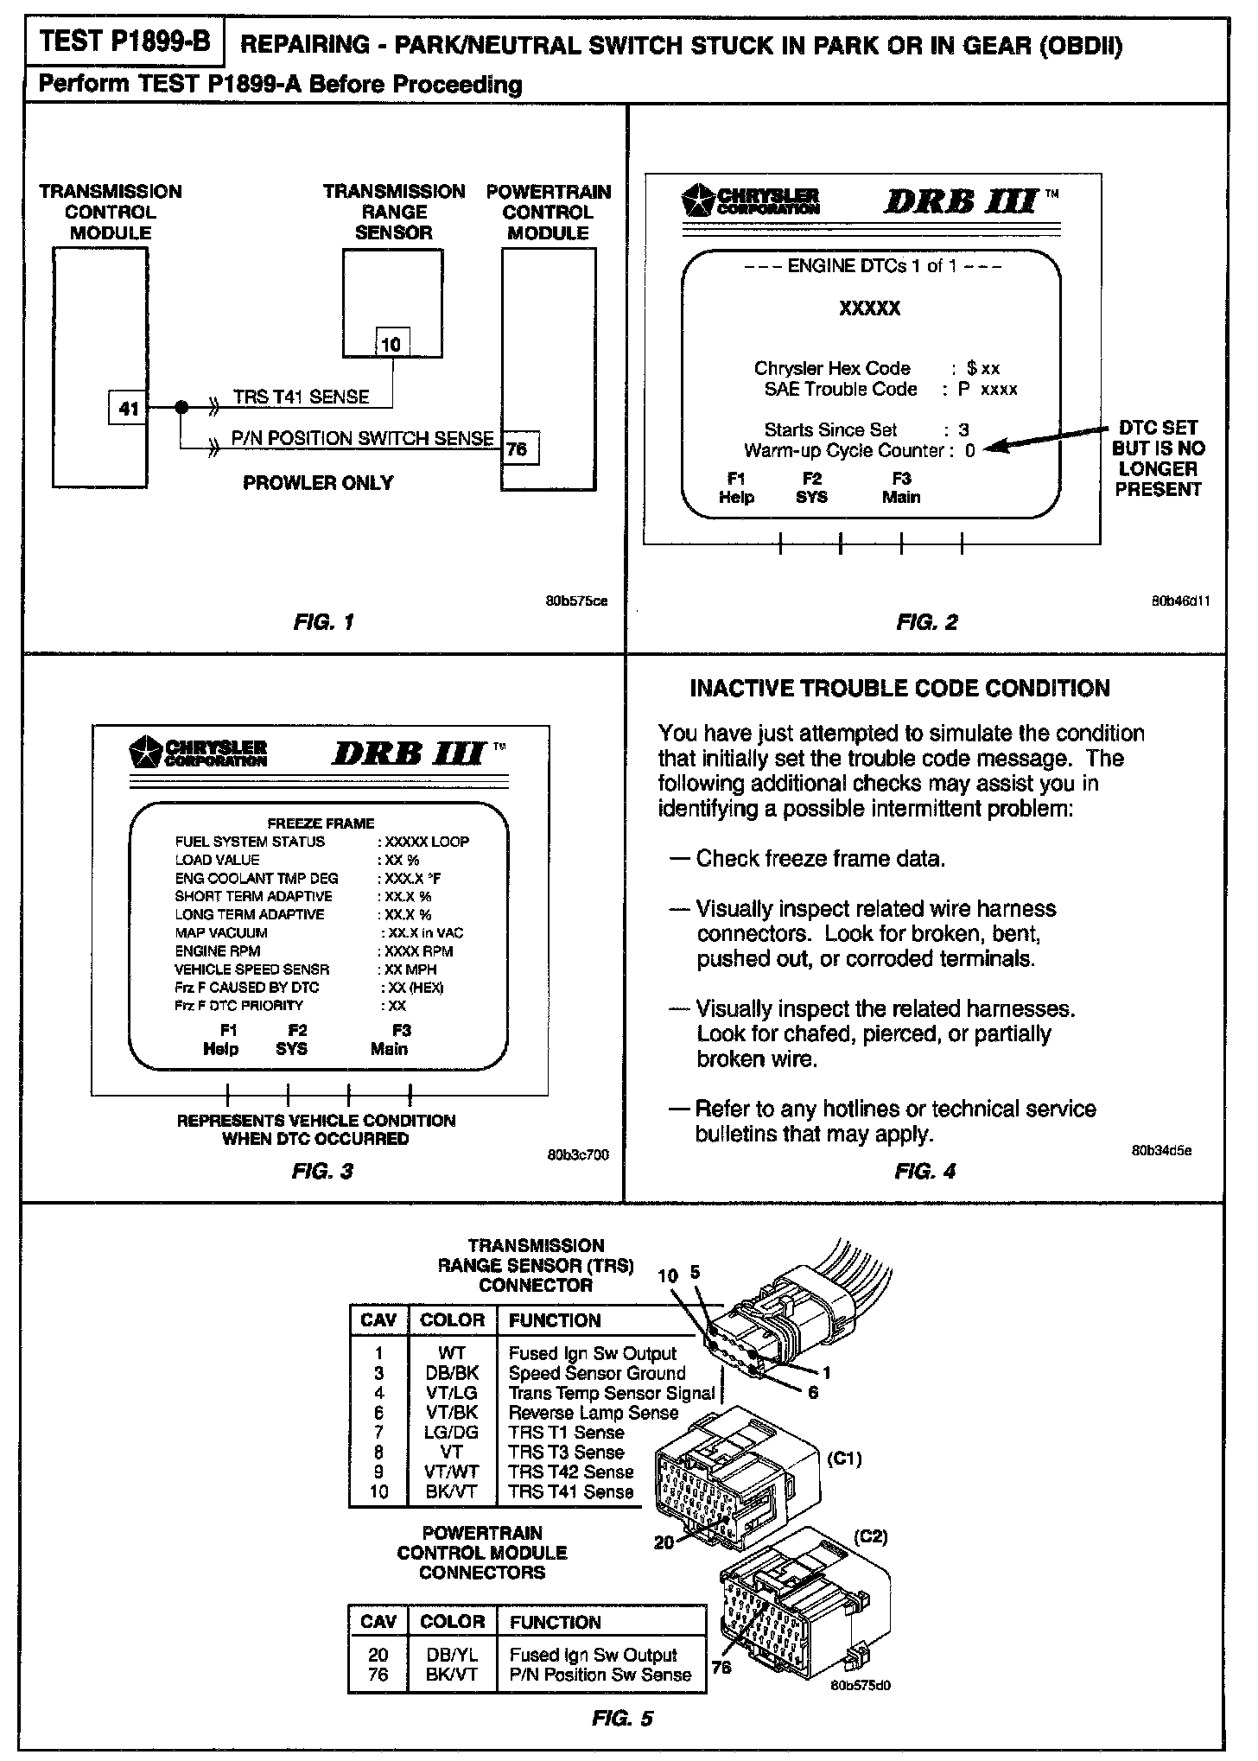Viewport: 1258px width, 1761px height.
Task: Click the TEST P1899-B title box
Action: (124, 42)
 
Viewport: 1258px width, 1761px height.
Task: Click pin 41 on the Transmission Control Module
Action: (128, 408)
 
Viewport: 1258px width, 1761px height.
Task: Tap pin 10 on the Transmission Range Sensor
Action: (391, 345)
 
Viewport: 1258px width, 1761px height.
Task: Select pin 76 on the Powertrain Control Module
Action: (518, 449)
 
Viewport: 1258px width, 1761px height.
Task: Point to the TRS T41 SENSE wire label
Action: (301, 397)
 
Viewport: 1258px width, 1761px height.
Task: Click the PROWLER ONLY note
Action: (318, 483)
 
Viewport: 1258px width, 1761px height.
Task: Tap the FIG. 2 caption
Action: (926, 622)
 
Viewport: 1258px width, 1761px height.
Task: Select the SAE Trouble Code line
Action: (890, 390)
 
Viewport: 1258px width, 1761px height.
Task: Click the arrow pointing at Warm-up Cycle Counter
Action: (1045, 439)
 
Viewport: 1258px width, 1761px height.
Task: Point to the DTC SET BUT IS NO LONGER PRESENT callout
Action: (1158, 459)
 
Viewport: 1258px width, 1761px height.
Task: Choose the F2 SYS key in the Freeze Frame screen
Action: (292, 1039)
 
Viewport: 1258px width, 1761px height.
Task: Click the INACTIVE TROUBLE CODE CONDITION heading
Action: (899, 689)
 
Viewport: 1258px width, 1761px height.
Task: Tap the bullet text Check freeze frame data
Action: (820, 859)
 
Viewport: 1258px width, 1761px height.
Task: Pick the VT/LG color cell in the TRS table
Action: (452, 1394)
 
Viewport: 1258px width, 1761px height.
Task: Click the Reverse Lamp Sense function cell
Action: (593, 1414)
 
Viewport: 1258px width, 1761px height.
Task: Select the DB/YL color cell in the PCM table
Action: (452, 1656)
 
